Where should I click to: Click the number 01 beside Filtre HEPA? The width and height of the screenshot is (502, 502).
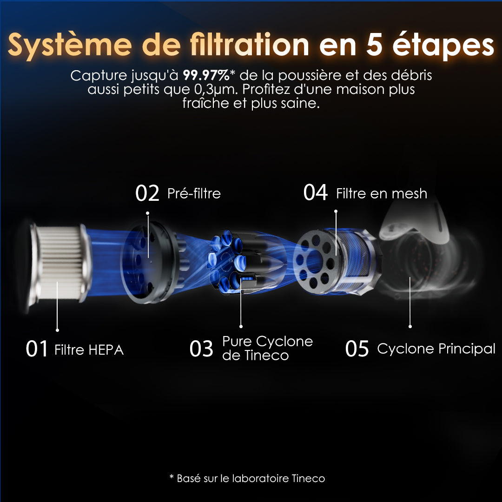(37, 349)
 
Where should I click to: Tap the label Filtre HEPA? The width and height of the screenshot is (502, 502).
(89, 350)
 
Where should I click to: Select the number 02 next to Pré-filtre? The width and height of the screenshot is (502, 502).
(147, 193)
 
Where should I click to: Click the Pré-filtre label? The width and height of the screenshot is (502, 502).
(194, 193)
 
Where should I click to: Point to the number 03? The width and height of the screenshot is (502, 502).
(201, 349)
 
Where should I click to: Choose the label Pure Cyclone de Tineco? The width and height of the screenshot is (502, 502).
(267, 349)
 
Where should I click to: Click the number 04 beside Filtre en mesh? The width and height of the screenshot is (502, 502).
(316, 193)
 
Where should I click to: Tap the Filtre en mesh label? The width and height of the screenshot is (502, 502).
(381, 193)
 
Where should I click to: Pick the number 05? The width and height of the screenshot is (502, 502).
(357, 349)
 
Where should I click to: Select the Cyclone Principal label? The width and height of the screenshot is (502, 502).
(436, 349)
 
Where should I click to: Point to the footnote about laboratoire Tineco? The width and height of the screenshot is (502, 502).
(247, 478)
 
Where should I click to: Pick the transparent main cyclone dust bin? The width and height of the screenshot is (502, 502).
(418, 260)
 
